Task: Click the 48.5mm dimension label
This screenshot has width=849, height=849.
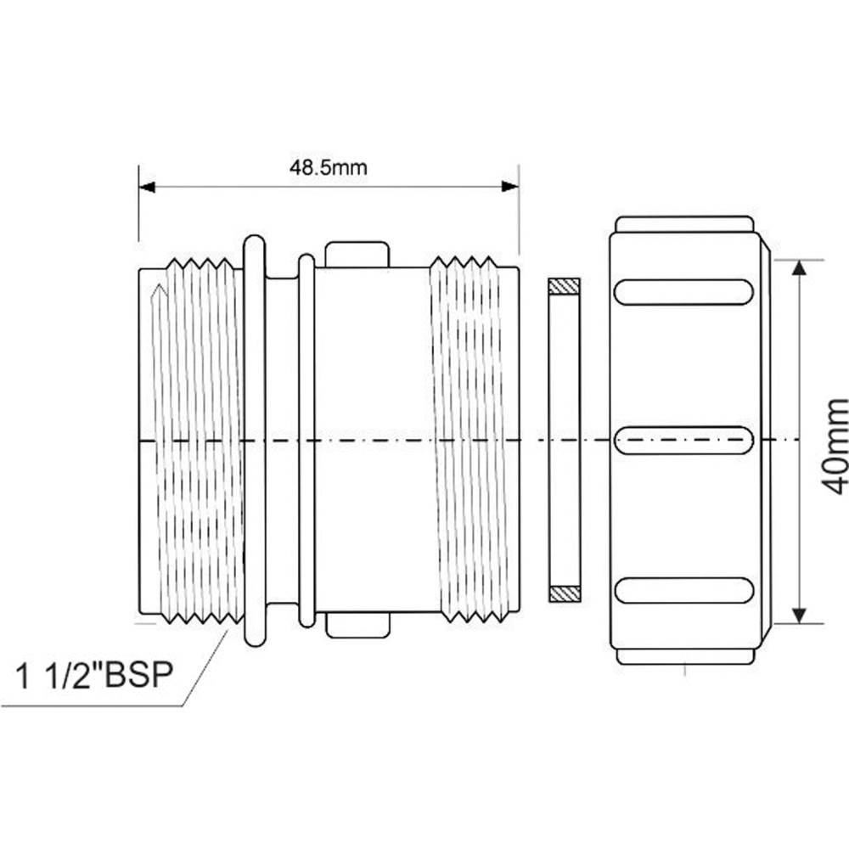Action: [x=328, y=167]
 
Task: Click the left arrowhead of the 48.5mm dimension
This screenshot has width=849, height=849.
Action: [x=147, y=187]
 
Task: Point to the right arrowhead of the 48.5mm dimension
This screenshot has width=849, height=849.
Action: [x=510, y=187]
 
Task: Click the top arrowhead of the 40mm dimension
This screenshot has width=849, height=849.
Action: [x=799, y=268]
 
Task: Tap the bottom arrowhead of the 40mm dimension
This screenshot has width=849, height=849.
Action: [x=799, y=615]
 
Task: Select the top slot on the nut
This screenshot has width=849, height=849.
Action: [x=683, y=292]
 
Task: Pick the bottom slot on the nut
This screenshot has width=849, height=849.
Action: [x=683, y=590]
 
